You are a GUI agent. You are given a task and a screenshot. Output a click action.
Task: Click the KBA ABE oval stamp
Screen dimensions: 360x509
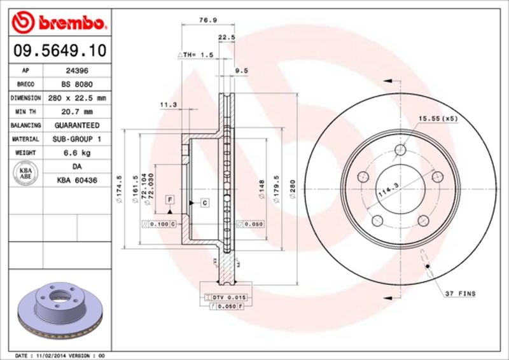[25, 173]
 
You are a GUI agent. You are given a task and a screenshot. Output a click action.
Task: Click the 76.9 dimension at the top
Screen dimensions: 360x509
[206, 20]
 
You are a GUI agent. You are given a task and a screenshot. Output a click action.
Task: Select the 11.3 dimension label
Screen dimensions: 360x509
[168, 104]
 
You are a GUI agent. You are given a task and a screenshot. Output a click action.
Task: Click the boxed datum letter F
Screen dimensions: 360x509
[170, 200]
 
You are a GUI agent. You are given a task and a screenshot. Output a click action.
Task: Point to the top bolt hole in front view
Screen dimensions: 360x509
[400, 150]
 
